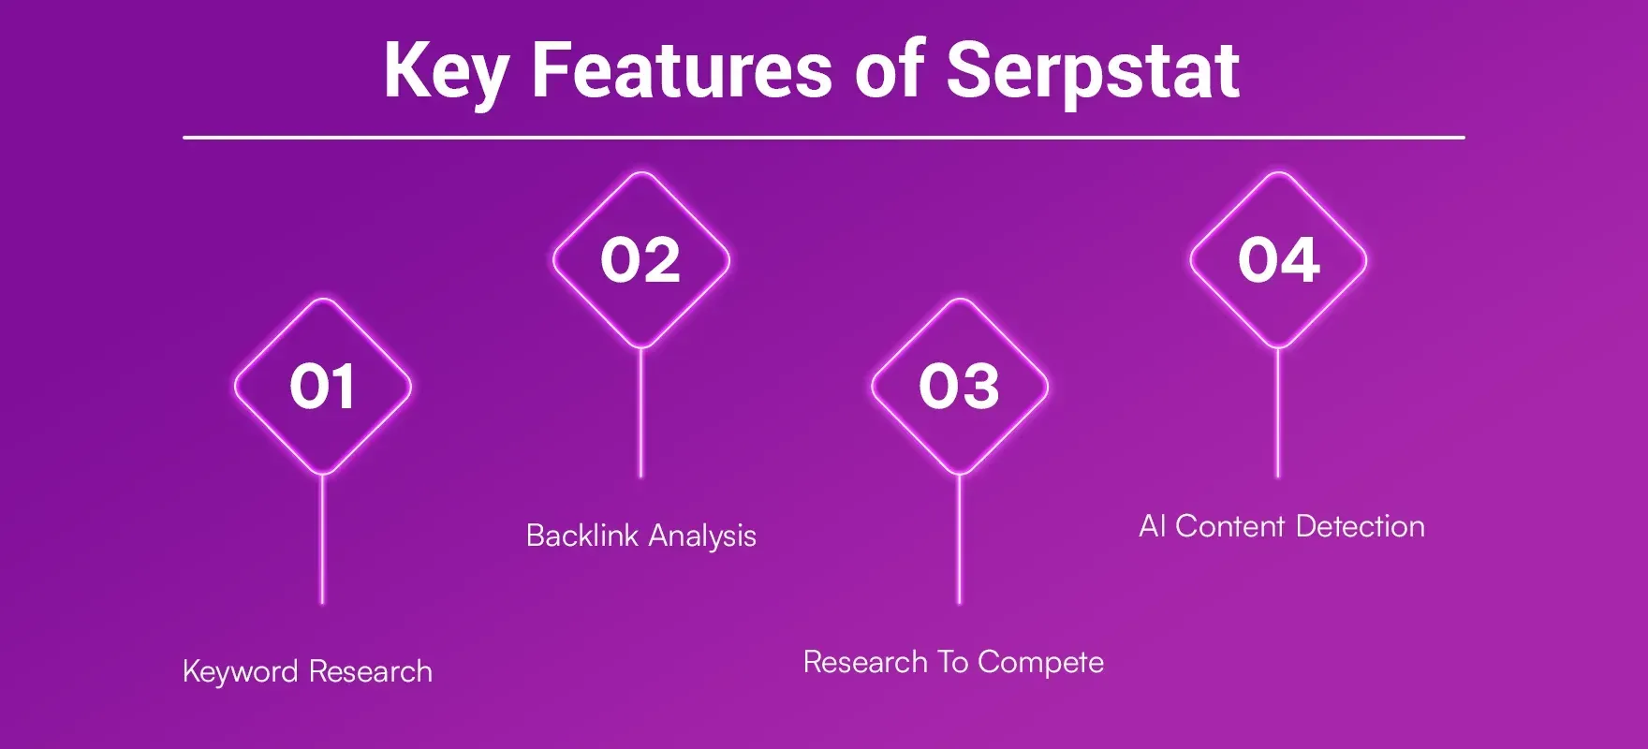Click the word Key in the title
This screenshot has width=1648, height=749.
pyautogui.click(x=446, y=71)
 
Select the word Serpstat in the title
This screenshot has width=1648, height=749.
pyautogui.click(x=1093, y=71)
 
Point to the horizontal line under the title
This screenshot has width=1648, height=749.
pyautogui.click(x=824, y=138)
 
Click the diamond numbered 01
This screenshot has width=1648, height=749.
pyautogui.click(x=322, y=386)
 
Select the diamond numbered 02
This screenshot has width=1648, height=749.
pyautogui.click(x=640, y=259)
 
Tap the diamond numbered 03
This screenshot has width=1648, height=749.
pyautogui.click(x=959, y=386)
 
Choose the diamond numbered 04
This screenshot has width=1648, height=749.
pyautogui.click(x=1278, y=259)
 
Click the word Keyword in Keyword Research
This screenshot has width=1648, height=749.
pyautogui.click(x=241, y=672)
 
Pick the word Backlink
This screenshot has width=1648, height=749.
pyautogui.click(x=581, y=536)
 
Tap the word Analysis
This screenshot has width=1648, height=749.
pyautogui.click(x=702, y=536)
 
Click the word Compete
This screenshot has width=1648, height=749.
pyautogui.click(x=1040, y=663)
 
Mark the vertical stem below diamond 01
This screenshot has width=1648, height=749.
pyautogui.click(x=322, y=538)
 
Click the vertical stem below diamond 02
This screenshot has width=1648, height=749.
pyautogui.click(x=640, y=412)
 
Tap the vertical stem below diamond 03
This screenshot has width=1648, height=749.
pyautogui.click(x=959, y=538)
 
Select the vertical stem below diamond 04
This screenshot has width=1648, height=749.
pyautogui.click(x=1278, y=412)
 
